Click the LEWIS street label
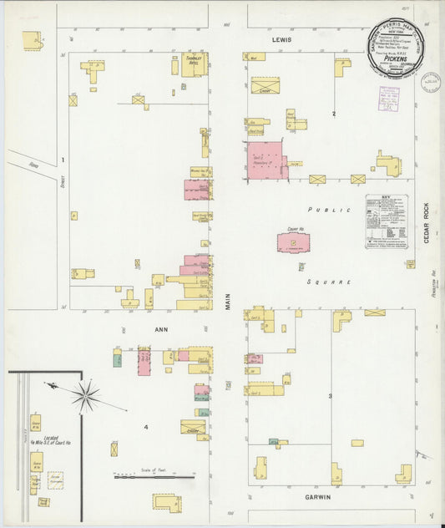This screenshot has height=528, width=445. (280, 39)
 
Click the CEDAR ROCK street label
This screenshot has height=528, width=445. (424, 224)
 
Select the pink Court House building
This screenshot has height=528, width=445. (293, 243)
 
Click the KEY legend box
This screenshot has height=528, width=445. (387, 221)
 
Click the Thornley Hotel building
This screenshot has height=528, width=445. (193, 64)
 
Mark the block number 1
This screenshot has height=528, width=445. (63, 159)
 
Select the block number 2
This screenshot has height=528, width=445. (333, 113)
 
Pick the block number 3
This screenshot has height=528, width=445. (330, 395)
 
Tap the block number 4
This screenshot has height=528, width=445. (146, 427)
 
